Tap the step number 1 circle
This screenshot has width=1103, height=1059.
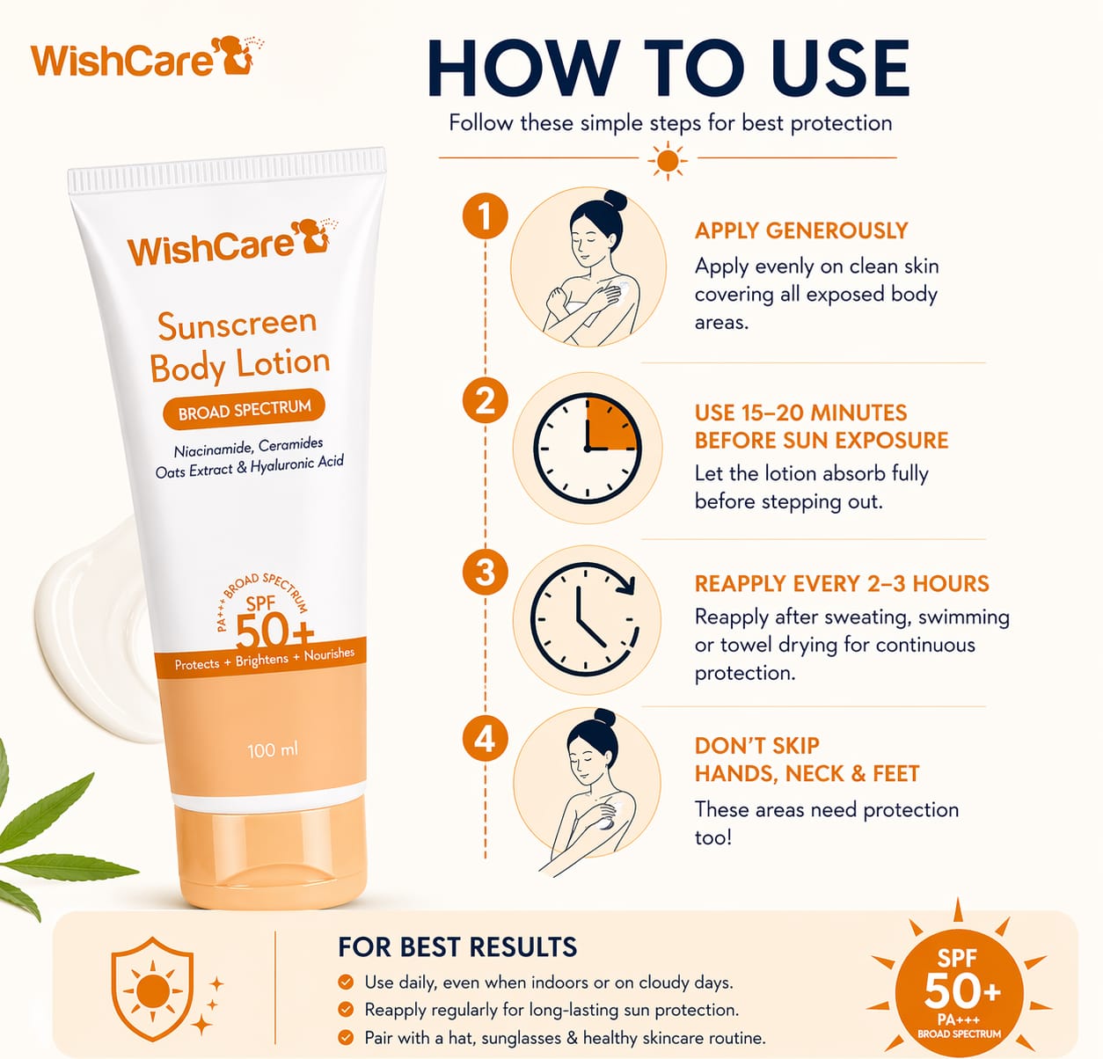pos(486,216)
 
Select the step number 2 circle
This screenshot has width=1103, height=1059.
pos(486,400)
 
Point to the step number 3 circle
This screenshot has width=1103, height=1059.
pos(486,572)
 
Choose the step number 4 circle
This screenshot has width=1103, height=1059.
pos(486,739)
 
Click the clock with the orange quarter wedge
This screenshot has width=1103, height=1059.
pos(588,449)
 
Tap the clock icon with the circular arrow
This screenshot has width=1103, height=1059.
pos(585,620)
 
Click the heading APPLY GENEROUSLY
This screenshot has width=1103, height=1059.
pos(801,230)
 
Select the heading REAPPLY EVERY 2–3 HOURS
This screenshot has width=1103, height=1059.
pos(842,583)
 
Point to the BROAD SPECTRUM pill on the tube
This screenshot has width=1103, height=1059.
pos(245,409)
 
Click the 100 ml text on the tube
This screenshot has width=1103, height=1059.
pos(273,750)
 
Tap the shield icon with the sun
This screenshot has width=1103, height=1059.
pos(152,989)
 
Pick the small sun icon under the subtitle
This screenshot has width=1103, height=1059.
pos(668,161)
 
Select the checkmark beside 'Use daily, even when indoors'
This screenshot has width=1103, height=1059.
pos(346,982)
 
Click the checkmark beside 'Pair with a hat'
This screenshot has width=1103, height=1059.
pos(346,1038)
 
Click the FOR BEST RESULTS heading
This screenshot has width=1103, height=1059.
pos(457,946)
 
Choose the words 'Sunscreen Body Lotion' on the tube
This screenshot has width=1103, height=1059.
pos(240,346)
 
